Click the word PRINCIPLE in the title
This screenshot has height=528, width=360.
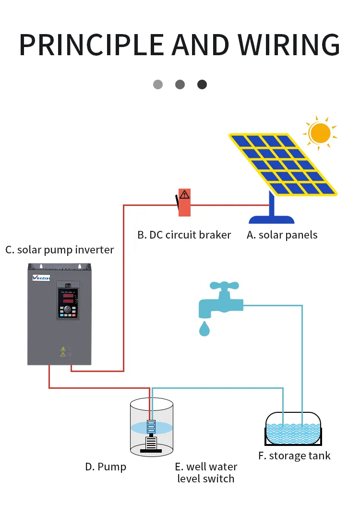tap(91, 44)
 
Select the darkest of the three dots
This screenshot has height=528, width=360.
tap(202, 84)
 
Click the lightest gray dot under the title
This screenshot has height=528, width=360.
tap(158, 84)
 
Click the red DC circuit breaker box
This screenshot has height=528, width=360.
tap(184, 203)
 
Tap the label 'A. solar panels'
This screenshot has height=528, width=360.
tap(282, 235)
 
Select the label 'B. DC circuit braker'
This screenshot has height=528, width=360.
tap(184, 235)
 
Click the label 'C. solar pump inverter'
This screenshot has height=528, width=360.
tap(60, 250)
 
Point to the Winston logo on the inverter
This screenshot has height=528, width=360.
tap(44, 277)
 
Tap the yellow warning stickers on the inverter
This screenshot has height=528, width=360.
tap(62, 351)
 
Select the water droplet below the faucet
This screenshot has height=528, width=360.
tap(205, 329)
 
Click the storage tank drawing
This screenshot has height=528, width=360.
tap(294, 428)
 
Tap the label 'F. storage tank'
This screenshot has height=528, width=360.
tap(294, 456)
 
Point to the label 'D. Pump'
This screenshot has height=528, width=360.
tap(106, 467)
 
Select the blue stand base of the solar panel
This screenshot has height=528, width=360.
tap(272, 218)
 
